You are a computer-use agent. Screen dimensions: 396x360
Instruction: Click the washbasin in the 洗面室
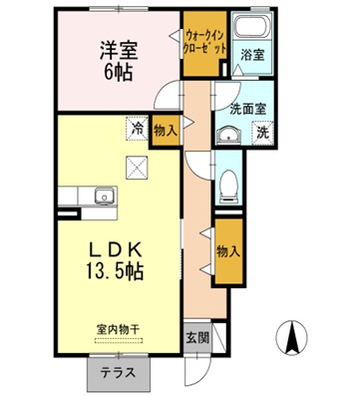[x=226, y=136]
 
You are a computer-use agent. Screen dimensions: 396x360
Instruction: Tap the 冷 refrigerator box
[x=136, y=127]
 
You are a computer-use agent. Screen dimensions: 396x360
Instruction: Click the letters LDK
[x=112, y=249]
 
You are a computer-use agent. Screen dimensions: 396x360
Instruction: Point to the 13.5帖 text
[x=113, y=271]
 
